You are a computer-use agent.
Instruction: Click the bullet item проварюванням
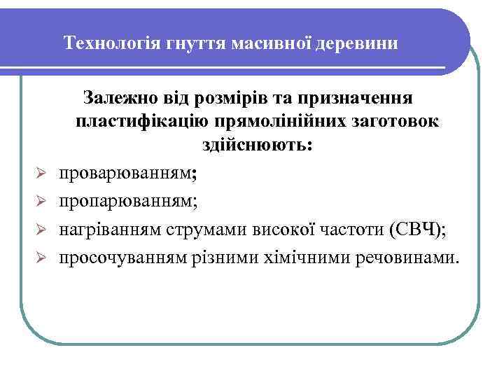(x=127, y=173)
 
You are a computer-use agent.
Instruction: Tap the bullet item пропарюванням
(x=127, y=202)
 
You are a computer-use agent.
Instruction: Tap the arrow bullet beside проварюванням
(x=41, y=173)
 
